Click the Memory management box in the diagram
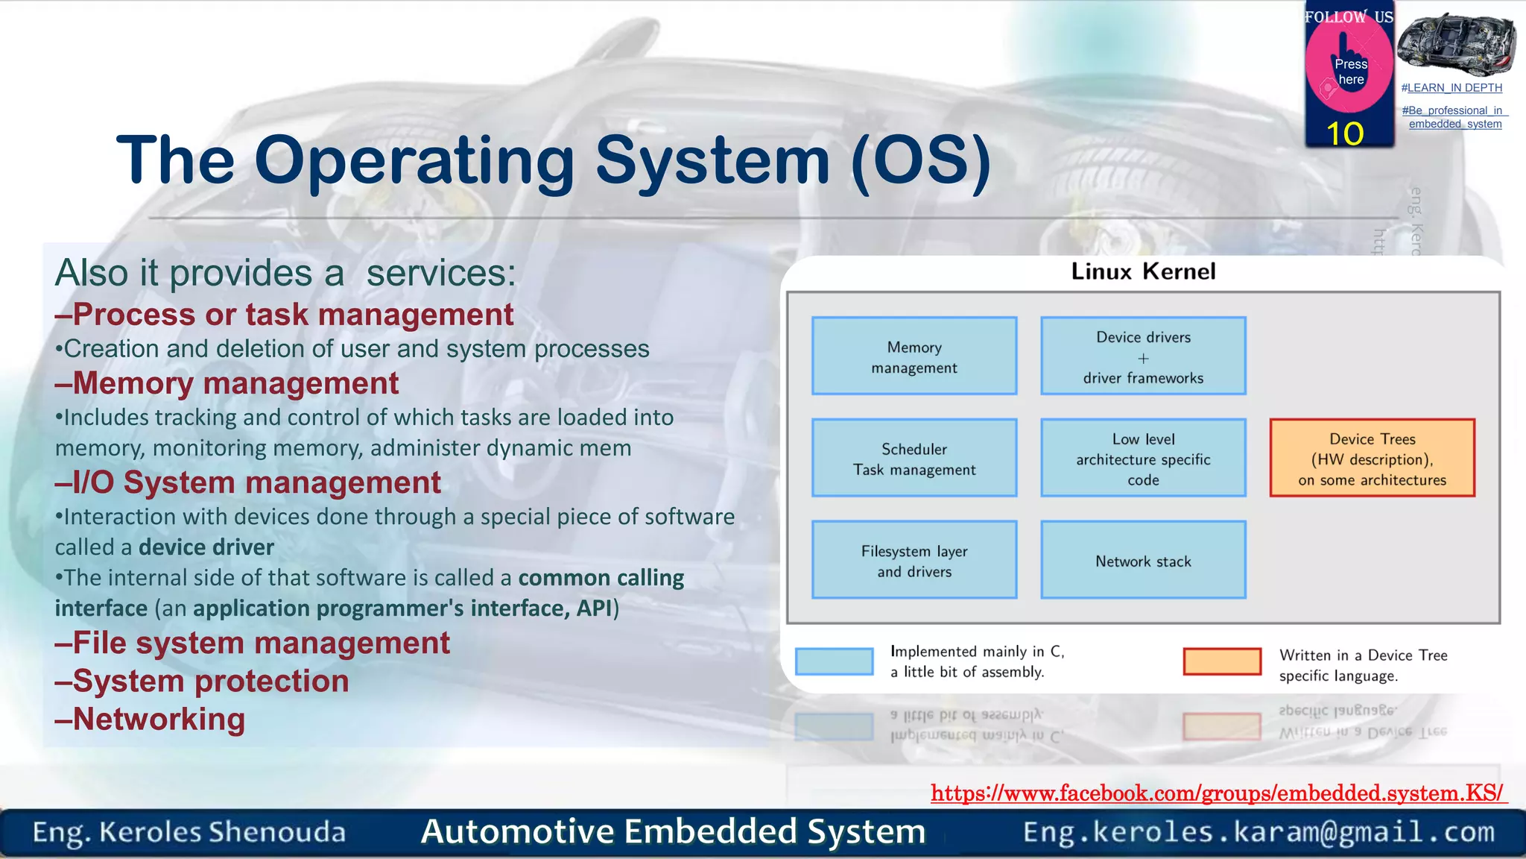[914, 356]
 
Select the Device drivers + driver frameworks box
[1143, 356]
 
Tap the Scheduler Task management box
[914, 458]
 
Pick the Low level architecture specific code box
[1143, 458]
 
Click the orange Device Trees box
[1372, 458]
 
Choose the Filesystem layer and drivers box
[914, 560]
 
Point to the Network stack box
[1143, 560]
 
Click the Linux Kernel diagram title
[1143, 271]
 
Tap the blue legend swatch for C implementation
[834, 661]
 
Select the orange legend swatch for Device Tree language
[1222, 661]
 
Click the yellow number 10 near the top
[1345, 134]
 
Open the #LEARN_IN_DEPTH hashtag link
[1451, 88]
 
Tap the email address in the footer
[1259, 831]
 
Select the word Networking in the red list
[159, 720]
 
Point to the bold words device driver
[206, 547]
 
